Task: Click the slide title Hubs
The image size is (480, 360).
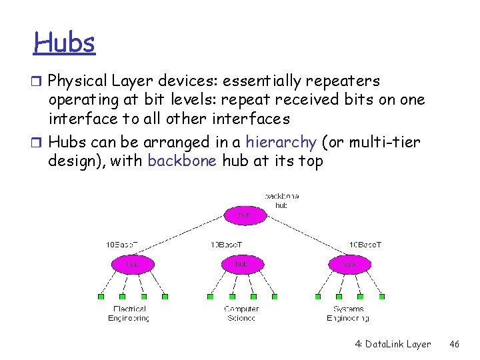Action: tap(65, 43)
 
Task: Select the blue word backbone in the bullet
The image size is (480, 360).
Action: tap(182, 161)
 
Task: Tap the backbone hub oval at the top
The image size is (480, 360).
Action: tap(244, 215)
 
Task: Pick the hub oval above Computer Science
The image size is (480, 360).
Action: tap(242, 264)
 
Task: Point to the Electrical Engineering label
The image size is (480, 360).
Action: tap(129, 313)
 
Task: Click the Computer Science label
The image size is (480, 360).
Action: tap(241, 313)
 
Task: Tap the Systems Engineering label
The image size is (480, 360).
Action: tap(348, 313)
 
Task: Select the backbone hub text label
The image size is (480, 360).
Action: tap(281, 201)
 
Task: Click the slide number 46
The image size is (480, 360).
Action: tap(454, 344)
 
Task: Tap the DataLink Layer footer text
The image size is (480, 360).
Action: tap(393, 344)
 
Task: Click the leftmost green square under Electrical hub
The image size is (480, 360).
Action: tap(101, 296)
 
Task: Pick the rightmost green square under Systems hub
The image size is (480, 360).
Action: tap(382, 296)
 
